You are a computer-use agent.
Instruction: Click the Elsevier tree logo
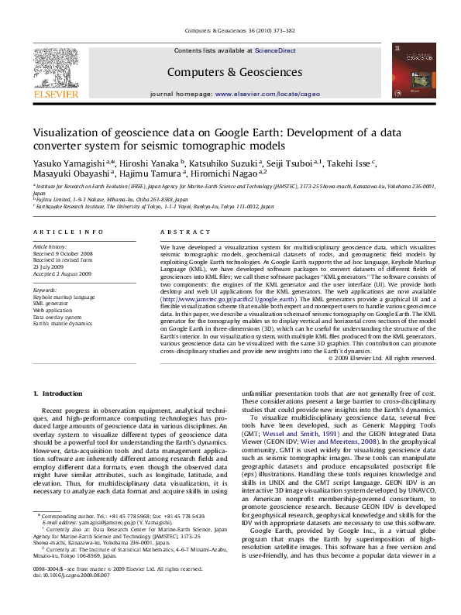tap(57, 67)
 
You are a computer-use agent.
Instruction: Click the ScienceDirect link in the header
tap(276, 50)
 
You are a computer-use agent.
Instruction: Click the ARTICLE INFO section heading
tap(68, 232)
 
